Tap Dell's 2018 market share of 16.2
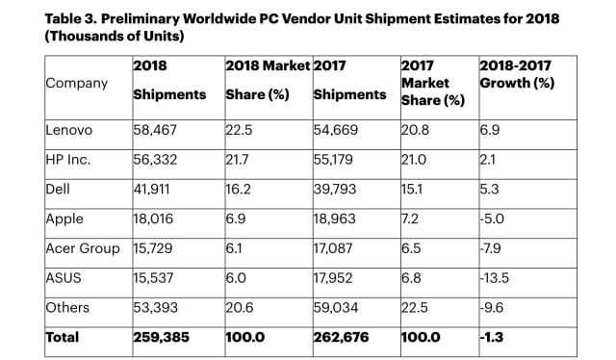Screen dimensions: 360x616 pyautogui.click(x=238, y=188)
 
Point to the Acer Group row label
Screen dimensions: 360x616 pyautogui.click(x=83, y=248)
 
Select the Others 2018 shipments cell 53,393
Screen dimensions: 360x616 pyautogui.click(x=154, y=307)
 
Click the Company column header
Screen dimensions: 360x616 pyautogui.click(x=76, y=83)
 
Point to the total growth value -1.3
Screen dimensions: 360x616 pyautogui.click(x=491, y=337)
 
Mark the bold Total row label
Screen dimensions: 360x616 pyautogui.click(x=63, y=337)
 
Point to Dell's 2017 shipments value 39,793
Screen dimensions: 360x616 pyautogui.click(x=334, y=188)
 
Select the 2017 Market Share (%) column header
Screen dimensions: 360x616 pyautogui.click(x=434, y=84)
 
